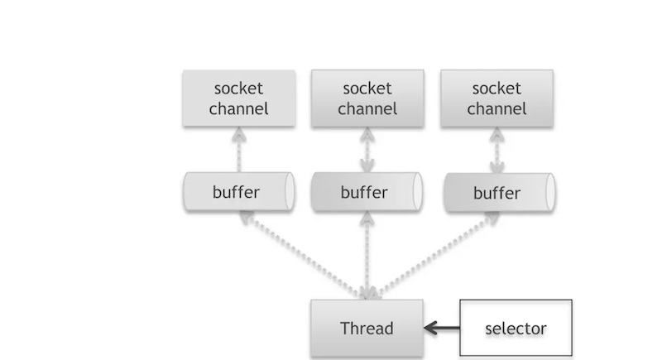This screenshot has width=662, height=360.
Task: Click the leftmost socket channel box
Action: pos(239,98)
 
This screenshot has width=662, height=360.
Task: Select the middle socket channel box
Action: pos(367,98)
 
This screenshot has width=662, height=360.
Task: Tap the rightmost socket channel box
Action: pos(497,98)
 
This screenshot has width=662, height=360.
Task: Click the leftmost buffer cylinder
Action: pos(239,192)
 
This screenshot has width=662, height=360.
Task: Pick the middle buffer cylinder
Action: pos(367,192)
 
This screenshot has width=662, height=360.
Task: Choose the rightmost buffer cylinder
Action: pos(500,193)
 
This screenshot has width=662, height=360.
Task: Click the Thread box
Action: pos(367,329)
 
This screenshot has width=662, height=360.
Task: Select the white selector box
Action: pos(516,328)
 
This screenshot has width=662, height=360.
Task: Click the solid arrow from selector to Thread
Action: pos(442,328)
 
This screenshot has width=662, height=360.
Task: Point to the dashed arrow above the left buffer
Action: pos(239,150)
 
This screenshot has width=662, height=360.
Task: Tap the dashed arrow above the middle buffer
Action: pos(367,150)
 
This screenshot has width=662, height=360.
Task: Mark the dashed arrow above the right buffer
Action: pos(497,150)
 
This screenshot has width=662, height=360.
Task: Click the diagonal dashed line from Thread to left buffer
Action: pos(303,255)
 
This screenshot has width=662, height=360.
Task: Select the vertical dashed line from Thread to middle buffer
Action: pos(367,255)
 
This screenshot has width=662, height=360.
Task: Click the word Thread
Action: pos(367,329)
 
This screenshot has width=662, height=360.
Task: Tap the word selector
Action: pos(516,329)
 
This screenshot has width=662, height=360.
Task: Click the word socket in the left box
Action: pos(238,89)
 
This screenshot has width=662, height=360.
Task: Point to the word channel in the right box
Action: pos(497,109)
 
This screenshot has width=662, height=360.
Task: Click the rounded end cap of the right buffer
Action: pos(550,193)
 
